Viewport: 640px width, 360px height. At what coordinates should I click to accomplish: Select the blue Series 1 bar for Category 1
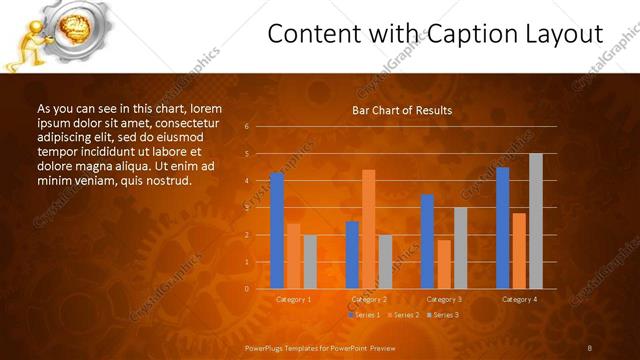point(277,231)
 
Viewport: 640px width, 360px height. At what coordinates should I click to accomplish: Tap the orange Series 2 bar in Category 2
point(368,229)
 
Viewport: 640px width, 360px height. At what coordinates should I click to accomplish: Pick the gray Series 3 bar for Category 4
point(535,221)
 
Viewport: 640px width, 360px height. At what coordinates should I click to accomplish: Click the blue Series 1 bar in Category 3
point(427,241)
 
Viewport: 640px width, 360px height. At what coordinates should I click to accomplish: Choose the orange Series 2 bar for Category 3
point(443,264)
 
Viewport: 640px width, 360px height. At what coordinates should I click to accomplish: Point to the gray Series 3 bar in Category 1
point(310,262)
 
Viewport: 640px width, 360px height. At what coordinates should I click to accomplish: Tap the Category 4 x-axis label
point(518,299)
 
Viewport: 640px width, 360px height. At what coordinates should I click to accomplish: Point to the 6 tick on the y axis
point(246,127)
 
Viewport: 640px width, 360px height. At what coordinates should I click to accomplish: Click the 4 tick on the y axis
point(246,181)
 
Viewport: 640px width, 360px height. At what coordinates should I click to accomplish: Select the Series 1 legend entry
point(364,314)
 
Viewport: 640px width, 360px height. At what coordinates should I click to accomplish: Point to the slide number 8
point(590,347)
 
